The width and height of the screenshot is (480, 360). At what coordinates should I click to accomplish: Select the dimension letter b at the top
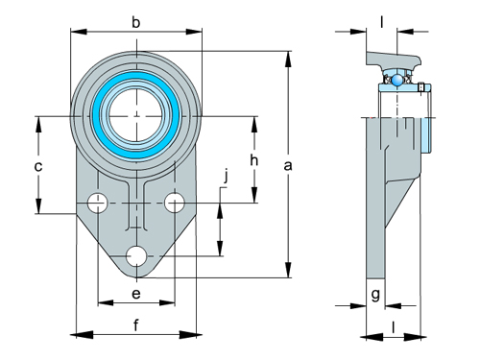[135, 21]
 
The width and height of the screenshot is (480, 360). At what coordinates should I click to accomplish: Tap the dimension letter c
[37, 167]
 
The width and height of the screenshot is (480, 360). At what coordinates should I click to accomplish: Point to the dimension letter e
[135, 292]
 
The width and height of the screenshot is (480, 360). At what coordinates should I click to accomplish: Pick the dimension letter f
[135, 324]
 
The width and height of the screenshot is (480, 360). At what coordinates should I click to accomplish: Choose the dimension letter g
[375, 294]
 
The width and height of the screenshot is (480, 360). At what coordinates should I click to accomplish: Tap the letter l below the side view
[394, 324]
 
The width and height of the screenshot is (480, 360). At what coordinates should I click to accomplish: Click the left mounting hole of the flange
[97, 203]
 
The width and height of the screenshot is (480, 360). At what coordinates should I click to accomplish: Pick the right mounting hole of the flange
[174, 203]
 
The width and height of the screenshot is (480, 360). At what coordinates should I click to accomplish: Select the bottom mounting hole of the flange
[136, 256]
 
